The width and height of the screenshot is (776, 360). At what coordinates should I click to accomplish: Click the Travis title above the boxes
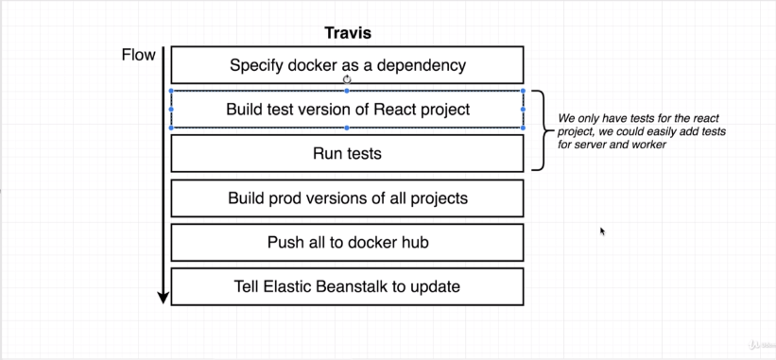click(348, 34)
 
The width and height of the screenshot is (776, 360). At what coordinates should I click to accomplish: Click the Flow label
click(139, 55)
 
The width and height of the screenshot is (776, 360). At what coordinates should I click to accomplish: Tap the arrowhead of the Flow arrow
click(164, 298)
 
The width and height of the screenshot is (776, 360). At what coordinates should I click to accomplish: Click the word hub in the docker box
click(415, 242)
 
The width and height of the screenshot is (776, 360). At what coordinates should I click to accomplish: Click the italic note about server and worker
click(642, 131)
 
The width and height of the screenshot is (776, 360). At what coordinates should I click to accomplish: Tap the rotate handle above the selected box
click(347, 79)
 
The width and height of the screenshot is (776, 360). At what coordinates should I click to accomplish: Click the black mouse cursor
click(603, 231)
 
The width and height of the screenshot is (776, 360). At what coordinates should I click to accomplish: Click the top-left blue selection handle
click(171, 91)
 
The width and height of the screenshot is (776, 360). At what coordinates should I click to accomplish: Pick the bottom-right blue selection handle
click(523, 128)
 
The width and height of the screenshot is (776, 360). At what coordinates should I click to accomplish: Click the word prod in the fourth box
click(287, 198)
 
